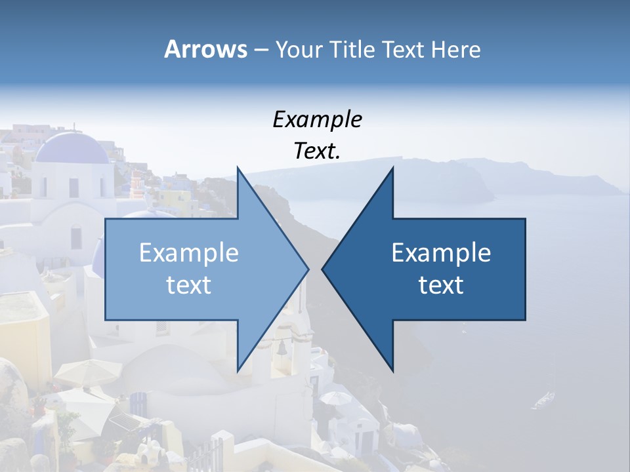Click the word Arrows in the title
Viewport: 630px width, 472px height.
205,49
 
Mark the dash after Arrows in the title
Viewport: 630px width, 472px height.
261,50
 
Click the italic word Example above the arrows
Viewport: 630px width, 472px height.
317,119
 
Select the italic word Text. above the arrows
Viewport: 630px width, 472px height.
317,151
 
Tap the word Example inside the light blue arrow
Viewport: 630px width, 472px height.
189,253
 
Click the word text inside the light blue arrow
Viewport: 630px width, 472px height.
189,285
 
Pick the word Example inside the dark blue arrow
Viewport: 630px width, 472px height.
441,253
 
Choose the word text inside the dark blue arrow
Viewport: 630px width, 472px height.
441,285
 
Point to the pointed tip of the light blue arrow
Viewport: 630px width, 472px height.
308,269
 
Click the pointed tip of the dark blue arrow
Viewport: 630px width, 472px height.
323,269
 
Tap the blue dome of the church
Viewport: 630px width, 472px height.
72,148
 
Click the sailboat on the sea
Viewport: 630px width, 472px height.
544,397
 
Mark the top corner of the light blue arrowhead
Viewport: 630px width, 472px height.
238,167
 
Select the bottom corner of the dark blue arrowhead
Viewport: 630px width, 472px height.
393,372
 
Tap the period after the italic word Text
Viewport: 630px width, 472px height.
338,157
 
